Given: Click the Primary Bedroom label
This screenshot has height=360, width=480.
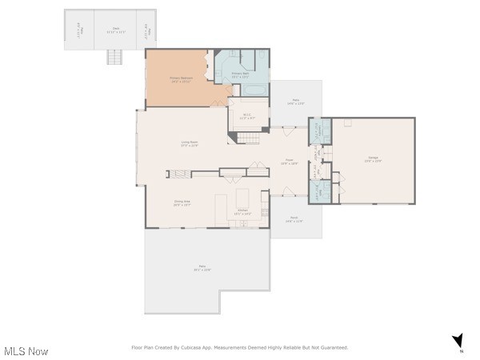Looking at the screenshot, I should pyautogui.click(x=180, y=79).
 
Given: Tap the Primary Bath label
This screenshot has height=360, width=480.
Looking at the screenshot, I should pyautogui.click(x=241, y=74).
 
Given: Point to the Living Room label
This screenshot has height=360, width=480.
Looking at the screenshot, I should pyautogui.click(x=190, y=144).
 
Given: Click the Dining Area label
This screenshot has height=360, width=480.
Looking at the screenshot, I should pyautogui.click(x=182, y=203).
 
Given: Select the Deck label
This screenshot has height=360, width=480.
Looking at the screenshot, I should pyautogui.click(x=116, y=30).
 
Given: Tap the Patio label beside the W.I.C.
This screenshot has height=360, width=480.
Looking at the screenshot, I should pyautogui.click(x=297, y=102).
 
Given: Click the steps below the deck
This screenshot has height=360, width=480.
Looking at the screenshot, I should pyautogui.click(x=115, y=58).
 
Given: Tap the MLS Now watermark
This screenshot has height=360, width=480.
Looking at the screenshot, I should pyautogui.click(x=26, y=351).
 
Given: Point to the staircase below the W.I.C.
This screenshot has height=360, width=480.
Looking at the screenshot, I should pyautogui.click(x=250, y=138).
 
